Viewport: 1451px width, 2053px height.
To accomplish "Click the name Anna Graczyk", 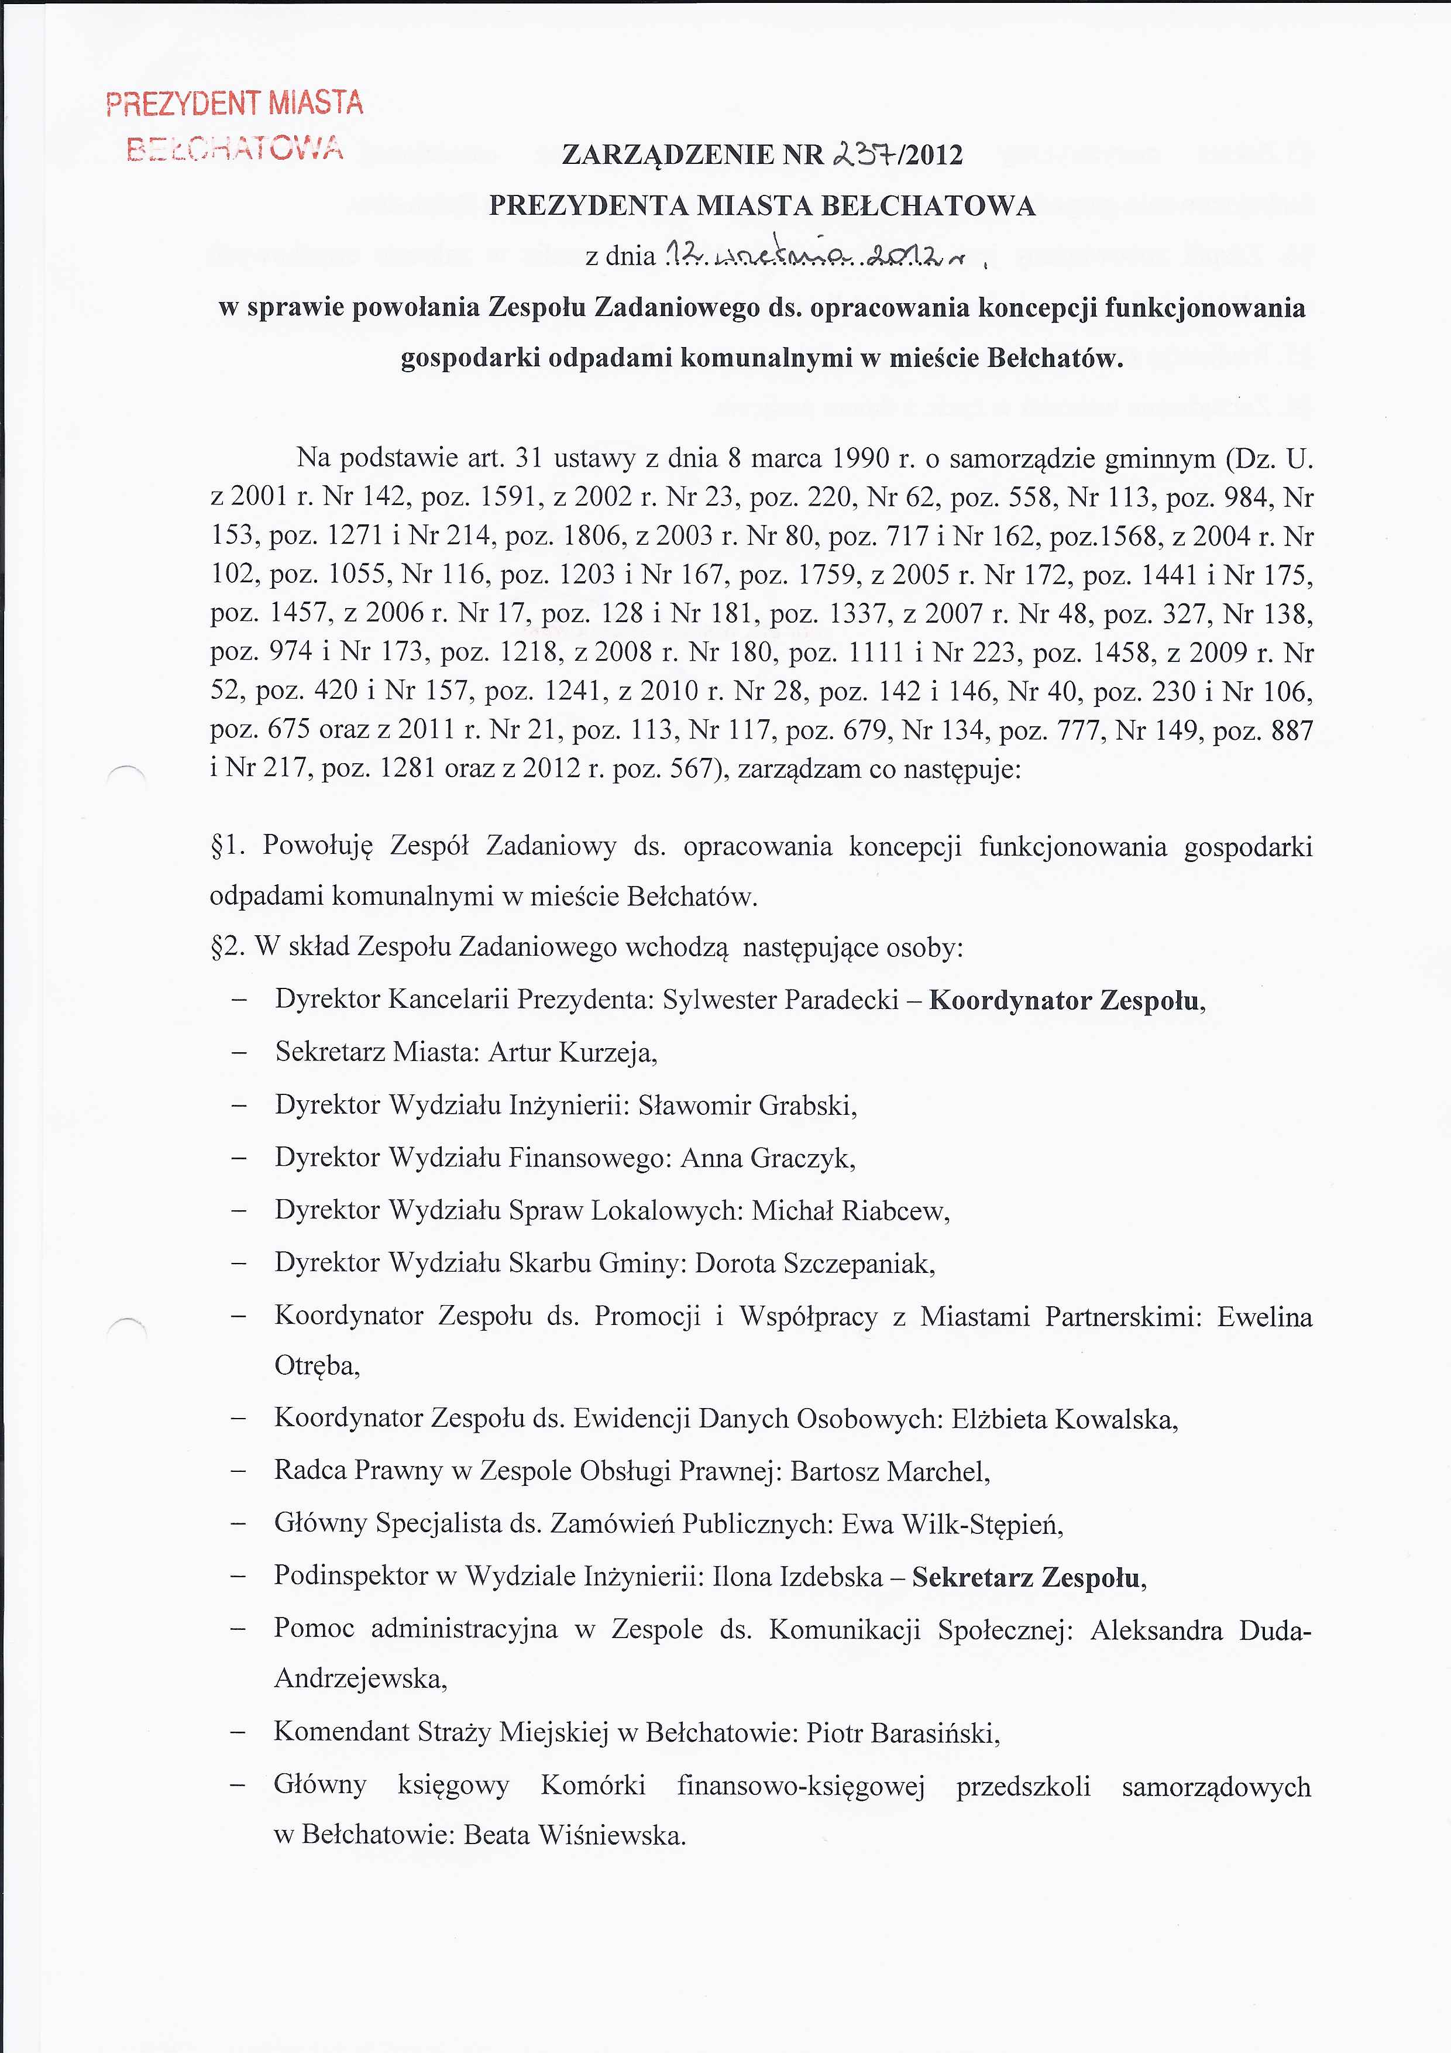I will pyautogui.click(x=767, y=1158).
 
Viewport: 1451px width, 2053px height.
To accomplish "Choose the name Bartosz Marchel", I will pyautogui.click(x=889, y=1471).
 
